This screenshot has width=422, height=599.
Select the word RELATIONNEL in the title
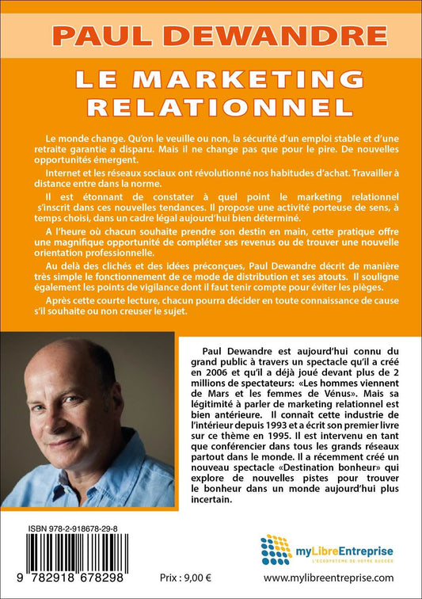(x=211, y=105)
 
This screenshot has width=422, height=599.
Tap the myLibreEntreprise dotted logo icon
(x=276, y=549)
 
